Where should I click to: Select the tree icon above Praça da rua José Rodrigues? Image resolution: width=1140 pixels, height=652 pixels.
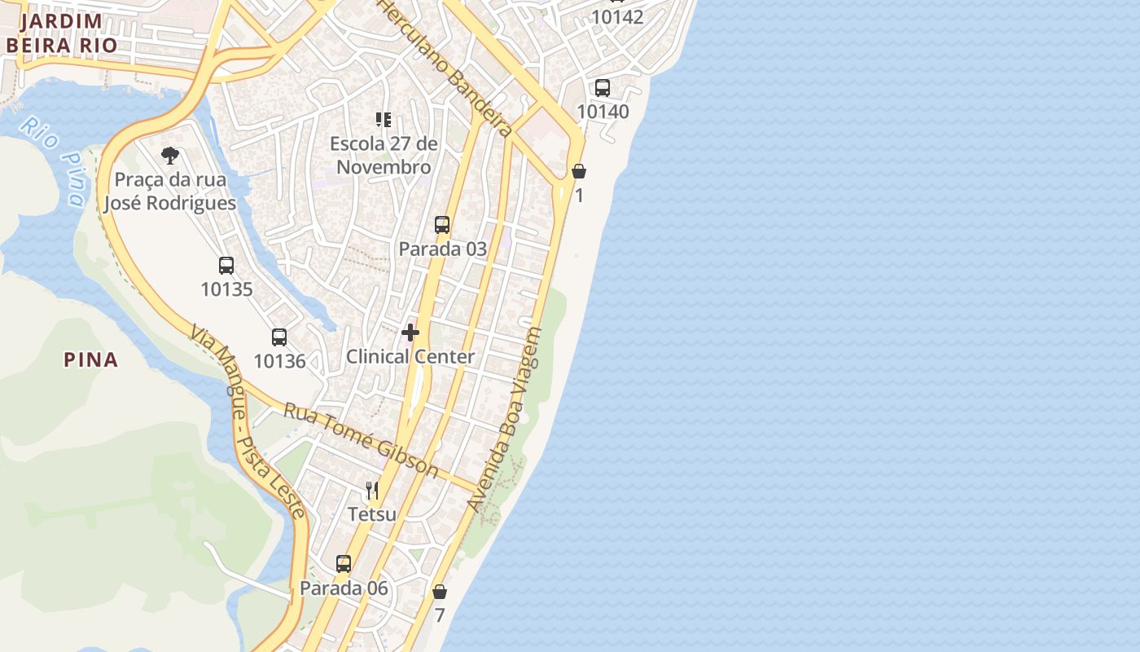click(170, 155)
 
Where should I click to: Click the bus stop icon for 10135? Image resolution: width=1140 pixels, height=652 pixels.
click(226, 265)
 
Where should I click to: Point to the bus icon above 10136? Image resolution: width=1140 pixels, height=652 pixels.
click(279, 337)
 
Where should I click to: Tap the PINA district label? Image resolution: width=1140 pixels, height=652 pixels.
click(91, 359)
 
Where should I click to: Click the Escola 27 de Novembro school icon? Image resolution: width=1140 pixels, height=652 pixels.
click(384, 121)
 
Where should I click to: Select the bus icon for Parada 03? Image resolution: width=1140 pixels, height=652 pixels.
click(442, 224)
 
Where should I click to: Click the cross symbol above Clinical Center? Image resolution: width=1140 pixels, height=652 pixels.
click(410, 333)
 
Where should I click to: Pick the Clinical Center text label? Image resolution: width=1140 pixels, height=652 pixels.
click(410, 356)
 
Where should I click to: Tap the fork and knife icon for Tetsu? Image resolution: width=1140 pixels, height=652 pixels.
click(372, 490)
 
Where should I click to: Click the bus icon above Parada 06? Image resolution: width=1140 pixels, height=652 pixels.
click(344, 563)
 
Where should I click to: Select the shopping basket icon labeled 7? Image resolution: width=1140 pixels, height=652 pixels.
click(440, 592)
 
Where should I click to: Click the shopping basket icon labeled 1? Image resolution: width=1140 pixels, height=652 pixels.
click(579, 171)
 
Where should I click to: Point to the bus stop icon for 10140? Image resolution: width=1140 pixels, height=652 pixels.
click(603, 87)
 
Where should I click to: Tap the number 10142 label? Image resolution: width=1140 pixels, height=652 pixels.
click(617, 17)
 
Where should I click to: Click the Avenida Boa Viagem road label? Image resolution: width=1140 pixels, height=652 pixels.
click(506, 420)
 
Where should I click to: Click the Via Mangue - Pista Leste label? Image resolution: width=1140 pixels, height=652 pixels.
click(248, 421)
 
